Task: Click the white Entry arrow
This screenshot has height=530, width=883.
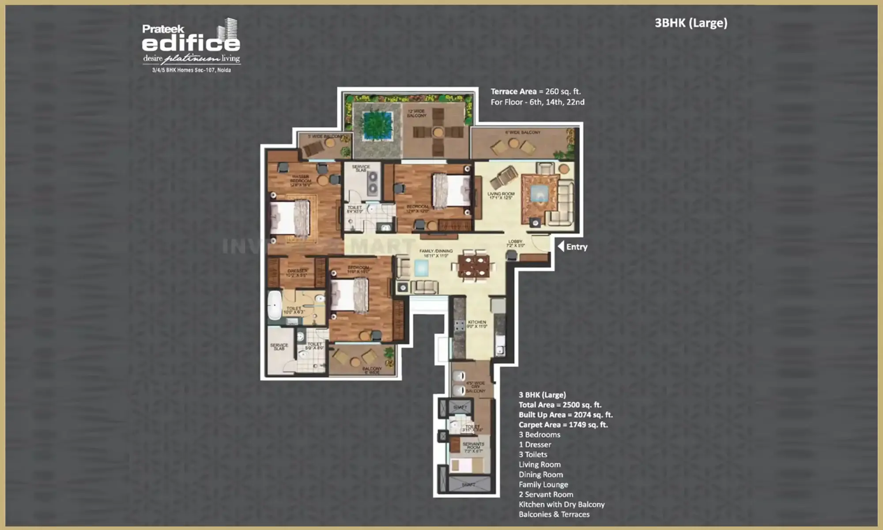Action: [x=561, y=246]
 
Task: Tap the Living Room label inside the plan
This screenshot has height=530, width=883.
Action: [x=501, y=196]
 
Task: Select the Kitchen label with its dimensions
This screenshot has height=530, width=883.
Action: [x=477, y=324]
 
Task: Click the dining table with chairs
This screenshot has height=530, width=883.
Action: [x=473, y=266]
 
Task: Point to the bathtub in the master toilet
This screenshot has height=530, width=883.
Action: [x=274, y=305]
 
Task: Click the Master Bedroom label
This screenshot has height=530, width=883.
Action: [x=300, y=181]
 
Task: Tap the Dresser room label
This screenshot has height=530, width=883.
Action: [x=297, y=273]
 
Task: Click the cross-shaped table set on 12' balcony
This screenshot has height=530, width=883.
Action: [x=438, y=132]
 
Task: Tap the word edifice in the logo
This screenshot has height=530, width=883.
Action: [x=191, y=43]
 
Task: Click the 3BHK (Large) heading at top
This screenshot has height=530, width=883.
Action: [x=691, y=23]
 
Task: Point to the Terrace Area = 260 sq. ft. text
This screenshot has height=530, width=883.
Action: [x=536, y=91]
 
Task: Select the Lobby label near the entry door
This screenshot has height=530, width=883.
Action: [x=515, y=243]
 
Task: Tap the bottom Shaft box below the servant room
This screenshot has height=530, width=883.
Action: [x=469, y=484]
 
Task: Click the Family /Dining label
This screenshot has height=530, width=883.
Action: [x=436, y=253]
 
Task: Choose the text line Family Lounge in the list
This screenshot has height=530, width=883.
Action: [x=543, y=485]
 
